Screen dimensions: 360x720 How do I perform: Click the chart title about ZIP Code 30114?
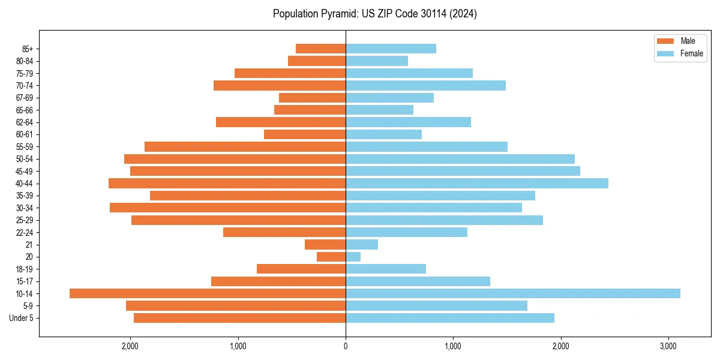pos(374,14)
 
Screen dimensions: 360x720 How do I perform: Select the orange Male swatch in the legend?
pos(666,41)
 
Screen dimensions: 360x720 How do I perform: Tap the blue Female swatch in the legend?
pos(666,53)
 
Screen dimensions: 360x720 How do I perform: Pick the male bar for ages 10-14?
pos(208,293)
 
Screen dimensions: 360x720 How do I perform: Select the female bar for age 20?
pos(353,257)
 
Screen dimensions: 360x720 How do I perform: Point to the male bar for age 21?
pos(325,245)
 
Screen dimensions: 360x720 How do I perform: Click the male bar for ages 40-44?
pos(227,184)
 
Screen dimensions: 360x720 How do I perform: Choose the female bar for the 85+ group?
pos(391,49)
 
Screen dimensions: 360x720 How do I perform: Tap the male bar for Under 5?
pos(239,318)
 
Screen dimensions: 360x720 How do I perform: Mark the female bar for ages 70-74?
pos(425,86)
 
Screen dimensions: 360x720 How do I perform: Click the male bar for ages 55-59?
pos(245,147)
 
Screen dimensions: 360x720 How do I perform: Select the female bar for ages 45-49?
pos(463,171)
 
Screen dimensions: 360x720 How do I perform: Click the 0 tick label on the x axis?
pos(346,346)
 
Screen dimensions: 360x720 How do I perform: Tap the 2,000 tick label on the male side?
pos(130,346)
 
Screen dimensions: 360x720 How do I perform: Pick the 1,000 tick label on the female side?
pos(453,346)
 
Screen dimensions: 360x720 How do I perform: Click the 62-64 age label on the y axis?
pos(25,122)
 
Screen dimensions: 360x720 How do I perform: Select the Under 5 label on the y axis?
pos(22,318)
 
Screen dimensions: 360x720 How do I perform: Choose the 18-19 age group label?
pos(25,269)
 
